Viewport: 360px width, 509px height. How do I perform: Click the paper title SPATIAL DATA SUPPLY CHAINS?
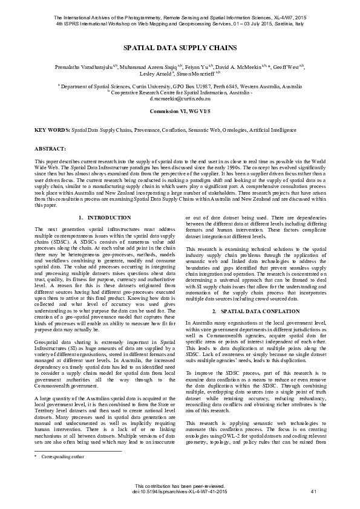tap(180, 48)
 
